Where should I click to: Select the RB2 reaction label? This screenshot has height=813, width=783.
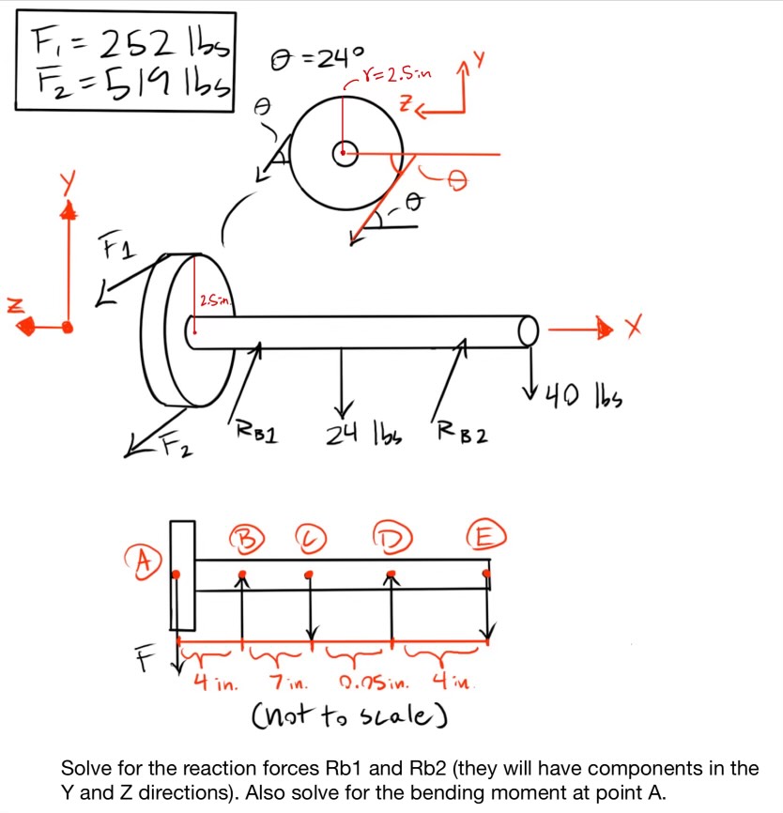click(x=459, y=437)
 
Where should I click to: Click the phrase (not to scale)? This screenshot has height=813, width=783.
click(x=348, y=718)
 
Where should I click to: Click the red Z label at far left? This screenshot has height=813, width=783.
click(x=13, y=302)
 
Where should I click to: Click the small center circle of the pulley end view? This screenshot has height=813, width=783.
click(x=345, y=153)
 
